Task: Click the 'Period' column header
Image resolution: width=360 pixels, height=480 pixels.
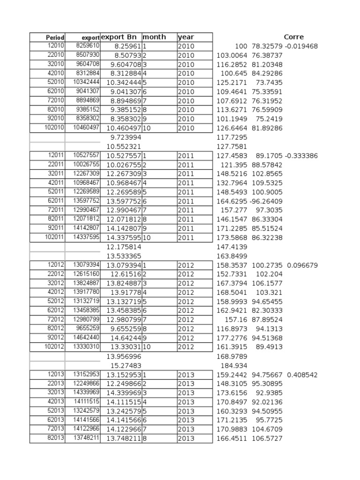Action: (x=55, y=37)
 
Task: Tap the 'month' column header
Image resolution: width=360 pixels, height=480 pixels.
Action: (x=154, y=37)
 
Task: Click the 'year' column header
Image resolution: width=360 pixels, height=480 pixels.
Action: (x=186, y=37)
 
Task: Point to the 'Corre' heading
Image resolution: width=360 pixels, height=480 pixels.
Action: (x=294, y=37)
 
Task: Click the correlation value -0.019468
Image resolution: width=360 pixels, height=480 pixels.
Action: (x=301, y=46)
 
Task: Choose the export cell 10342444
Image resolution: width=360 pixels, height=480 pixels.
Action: (x=86, y=82)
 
